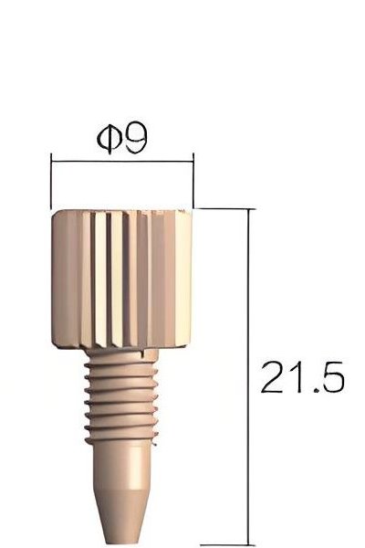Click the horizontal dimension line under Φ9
122,163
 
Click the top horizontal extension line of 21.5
225,208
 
